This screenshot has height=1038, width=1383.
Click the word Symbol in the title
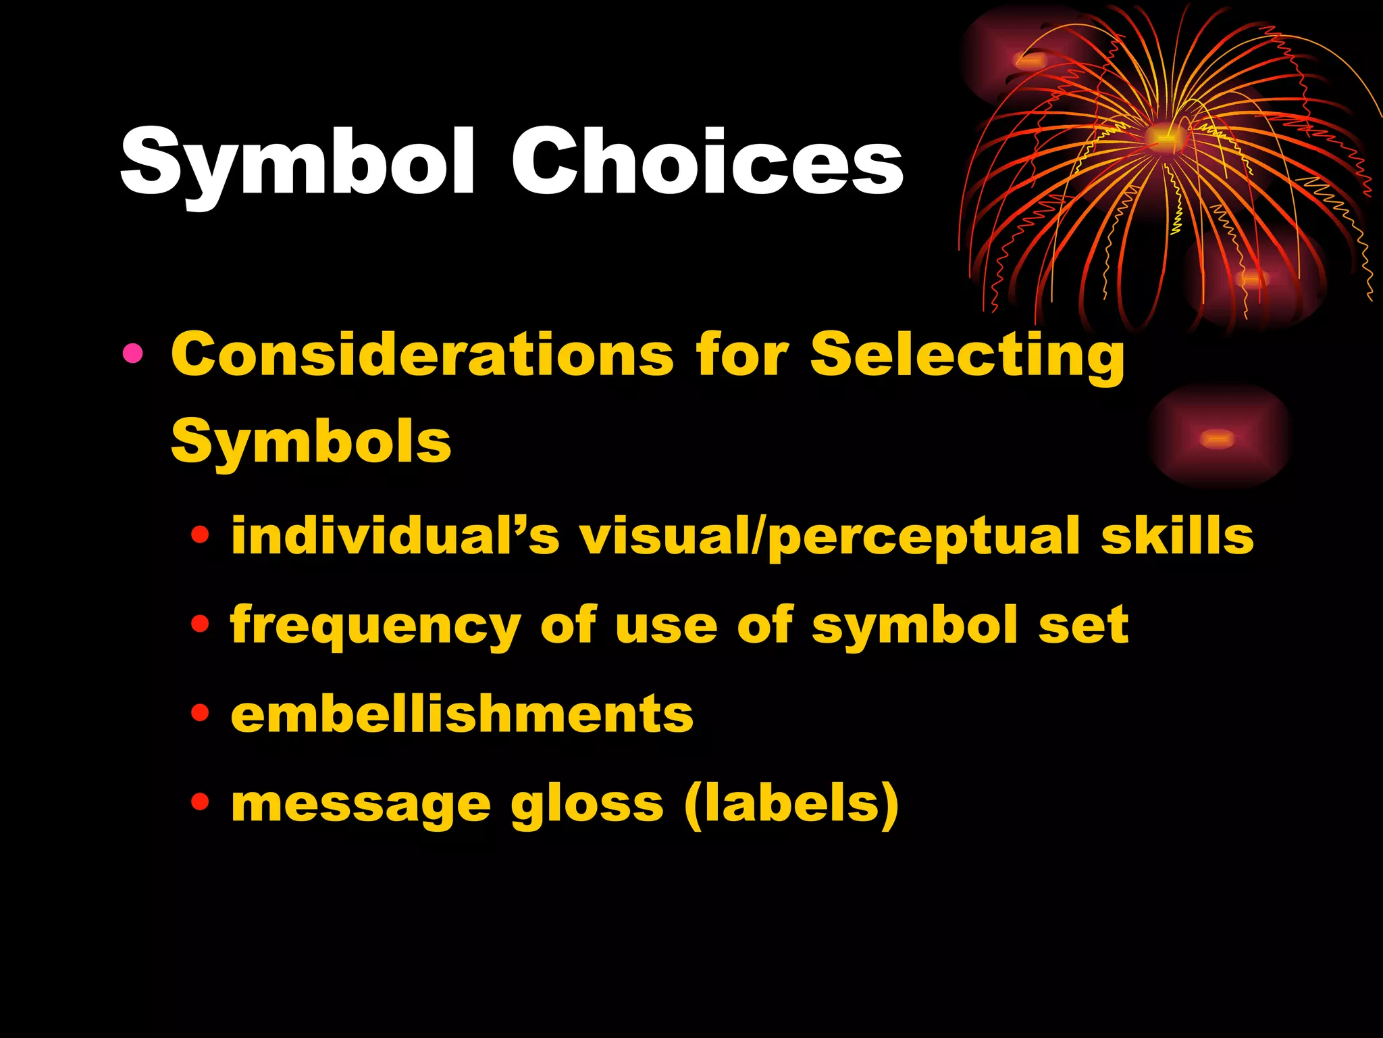point(298,163)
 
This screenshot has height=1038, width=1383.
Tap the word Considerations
point(422,355)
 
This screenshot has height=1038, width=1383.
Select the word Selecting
point(967,355)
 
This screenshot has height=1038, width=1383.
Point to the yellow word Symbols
point(311,442)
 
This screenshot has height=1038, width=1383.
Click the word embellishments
point(462,714)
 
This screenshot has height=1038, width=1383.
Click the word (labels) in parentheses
point(791,804)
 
